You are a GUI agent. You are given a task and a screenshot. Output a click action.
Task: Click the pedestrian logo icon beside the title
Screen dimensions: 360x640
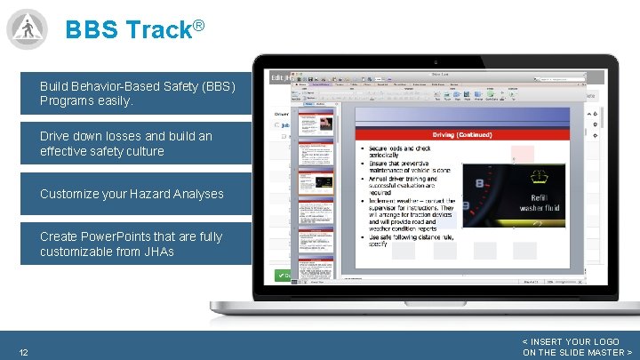point(27,28)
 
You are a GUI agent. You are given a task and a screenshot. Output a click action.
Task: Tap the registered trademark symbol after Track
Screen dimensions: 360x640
point(199,24)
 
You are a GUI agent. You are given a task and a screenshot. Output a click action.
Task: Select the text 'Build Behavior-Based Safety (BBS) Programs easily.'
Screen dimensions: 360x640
point(137,94)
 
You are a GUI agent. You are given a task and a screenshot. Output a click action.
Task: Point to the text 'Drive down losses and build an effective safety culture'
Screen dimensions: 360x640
point(125,144)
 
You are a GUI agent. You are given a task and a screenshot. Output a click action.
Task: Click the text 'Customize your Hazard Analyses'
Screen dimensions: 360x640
point(132,194)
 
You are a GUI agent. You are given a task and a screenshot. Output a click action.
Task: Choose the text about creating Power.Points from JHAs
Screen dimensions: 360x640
point(131,244)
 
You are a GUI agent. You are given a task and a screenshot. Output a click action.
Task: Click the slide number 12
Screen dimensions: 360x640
point(23,353)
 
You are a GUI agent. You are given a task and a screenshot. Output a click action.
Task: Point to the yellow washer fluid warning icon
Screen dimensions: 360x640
point(540,178)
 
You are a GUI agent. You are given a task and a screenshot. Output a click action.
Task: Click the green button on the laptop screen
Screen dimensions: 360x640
point(281,276)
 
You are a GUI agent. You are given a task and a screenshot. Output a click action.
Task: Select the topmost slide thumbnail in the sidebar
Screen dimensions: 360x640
point(317,125)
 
